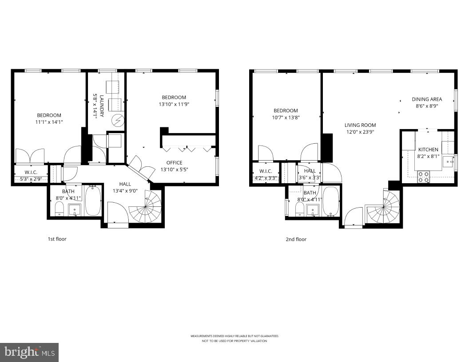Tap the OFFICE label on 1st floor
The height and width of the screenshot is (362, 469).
click(x=174, y=163)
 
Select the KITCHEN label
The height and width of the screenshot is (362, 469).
click(x=428, y=150)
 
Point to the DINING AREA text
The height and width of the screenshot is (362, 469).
click(x=426, y=99)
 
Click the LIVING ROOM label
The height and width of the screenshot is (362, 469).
click(x=360, y=125)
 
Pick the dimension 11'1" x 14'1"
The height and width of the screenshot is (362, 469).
click(x=49, y=122)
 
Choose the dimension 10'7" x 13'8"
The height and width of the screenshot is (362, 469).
click(x=286, y=118)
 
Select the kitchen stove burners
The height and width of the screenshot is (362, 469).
click(x=424, y=177)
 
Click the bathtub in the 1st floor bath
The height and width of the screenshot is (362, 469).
click(x=93, y=201)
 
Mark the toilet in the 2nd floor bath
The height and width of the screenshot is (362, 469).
click(x=300, y=209)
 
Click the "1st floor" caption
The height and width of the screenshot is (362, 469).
click(x=57, y=239)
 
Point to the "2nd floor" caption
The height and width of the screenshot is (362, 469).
click(x=296, y=240)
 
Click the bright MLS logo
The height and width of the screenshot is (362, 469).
click(x=29, y=352)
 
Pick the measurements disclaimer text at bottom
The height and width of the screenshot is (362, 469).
click(x=234, y=338)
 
